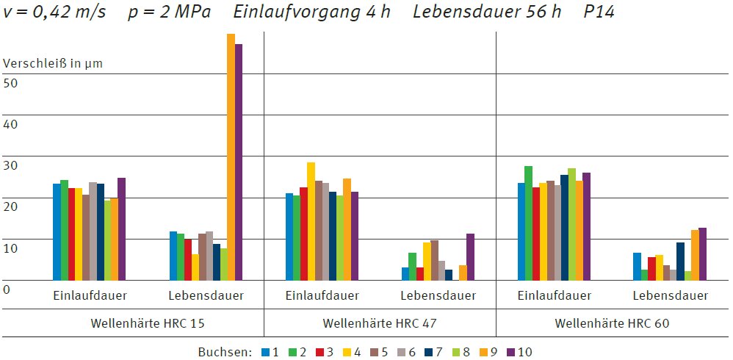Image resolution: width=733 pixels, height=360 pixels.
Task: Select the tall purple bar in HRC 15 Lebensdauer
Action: [x=238, y=162]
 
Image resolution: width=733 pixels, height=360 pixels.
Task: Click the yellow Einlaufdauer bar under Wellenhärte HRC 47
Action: [x=311, y=220]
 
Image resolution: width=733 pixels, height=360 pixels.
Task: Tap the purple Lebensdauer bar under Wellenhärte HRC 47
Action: [x=470, y=256]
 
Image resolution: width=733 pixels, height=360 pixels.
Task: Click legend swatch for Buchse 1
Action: [x=265, y=352]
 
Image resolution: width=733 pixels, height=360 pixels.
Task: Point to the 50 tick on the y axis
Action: [x=11, y=82]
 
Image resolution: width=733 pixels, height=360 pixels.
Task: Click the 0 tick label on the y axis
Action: [x=7, y=289]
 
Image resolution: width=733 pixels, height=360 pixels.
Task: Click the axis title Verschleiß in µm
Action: [x=53, y=63]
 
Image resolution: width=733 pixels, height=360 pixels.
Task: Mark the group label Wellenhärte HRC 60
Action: [x=612, y=323]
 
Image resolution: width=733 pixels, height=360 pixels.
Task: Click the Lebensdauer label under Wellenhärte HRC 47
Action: [x=438, y=296]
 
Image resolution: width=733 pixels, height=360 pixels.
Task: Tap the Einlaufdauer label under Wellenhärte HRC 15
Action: [x=90, y=296]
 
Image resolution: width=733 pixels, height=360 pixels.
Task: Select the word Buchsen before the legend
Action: [x=225, y=352]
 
